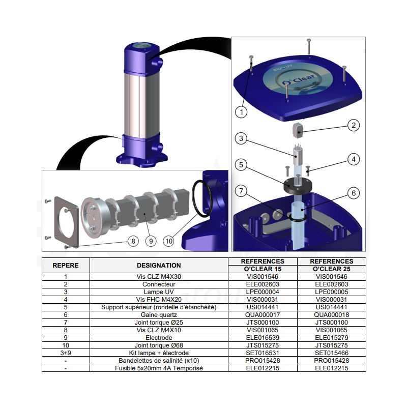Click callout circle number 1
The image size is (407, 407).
[241, 112]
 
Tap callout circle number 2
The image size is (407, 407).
[354, 125]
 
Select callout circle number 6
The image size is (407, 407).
[354, 193]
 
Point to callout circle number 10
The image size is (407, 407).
[169, 241]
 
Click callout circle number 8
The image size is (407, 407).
[133, 241]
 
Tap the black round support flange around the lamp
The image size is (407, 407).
[298, 186]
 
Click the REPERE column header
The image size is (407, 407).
[66, 265]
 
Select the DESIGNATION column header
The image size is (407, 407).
[159, 265]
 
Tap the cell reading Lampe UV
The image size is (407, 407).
[159, 292]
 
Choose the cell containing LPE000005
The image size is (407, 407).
[332, 292]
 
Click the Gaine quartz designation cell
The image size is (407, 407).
[159, 315]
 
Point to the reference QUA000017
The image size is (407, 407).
[263, 315]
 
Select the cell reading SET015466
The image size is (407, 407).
[332, 353]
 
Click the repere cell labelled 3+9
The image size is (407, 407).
[66, 353]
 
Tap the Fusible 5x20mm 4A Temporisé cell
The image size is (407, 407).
[159, 368]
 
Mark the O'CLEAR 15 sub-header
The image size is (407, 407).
[263, 269]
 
